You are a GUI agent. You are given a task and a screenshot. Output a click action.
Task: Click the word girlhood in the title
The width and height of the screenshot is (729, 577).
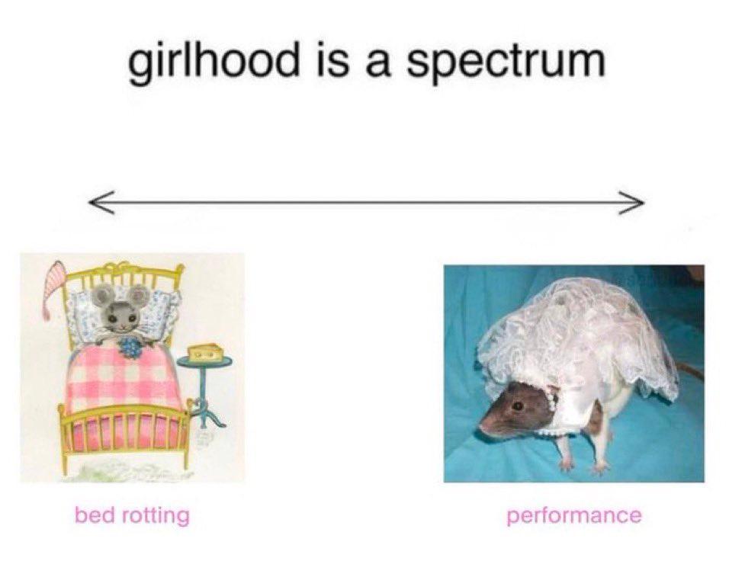click(x=213, y=63)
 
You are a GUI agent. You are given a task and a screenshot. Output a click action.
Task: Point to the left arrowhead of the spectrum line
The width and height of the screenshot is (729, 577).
click(x=101, y=202)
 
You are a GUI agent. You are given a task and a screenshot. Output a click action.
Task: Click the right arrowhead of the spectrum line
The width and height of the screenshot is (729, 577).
click(x=631, y=203)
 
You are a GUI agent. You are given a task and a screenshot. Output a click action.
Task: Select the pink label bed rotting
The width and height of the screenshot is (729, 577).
click(x=132, y=515)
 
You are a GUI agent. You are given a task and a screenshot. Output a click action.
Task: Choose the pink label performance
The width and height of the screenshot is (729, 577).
click(x=574, y=516)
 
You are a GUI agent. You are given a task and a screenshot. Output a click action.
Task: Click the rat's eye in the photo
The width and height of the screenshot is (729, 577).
click(x=516, y=406)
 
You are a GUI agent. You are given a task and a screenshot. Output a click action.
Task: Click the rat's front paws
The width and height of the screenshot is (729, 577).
click(x=583, y=465)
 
